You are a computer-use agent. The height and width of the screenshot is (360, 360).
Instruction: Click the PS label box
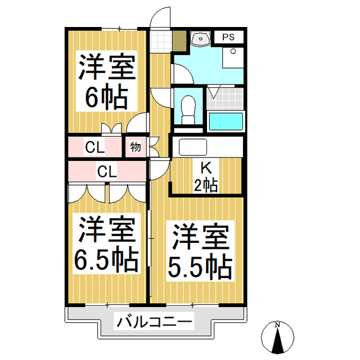227,37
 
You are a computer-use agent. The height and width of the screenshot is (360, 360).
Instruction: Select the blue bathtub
226,121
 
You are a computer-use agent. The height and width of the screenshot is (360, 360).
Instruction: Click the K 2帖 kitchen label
206,176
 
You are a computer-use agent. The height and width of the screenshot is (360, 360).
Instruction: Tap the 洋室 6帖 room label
106,82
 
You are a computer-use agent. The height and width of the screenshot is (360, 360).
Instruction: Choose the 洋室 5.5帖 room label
199,250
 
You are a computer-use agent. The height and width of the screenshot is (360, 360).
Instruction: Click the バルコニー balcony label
155,322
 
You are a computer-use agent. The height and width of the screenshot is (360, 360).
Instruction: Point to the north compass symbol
277,337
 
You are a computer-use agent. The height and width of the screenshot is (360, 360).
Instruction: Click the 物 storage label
136,147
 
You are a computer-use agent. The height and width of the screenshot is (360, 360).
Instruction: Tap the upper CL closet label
94,148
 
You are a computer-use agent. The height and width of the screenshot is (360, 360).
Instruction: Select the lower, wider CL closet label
106,171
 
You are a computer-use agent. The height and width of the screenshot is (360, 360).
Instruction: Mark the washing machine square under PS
232,58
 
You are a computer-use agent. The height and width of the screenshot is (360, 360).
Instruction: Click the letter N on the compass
277,325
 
